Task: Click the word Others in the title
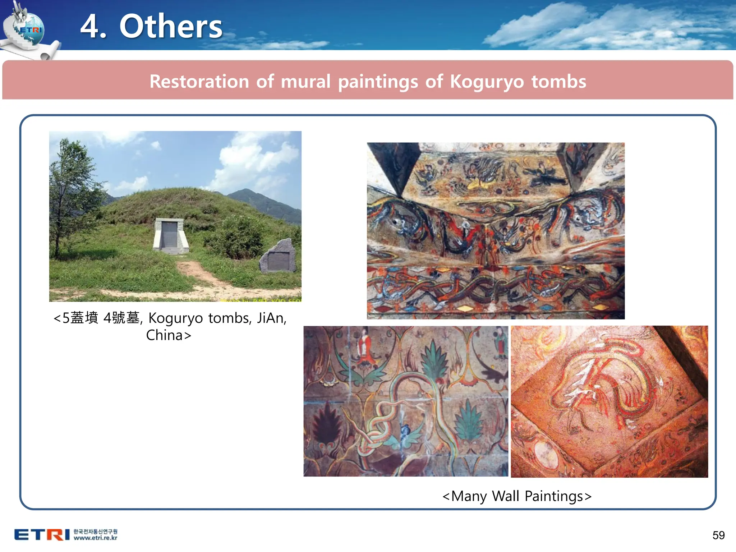coord(171,27)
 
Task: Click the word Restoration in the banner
coord(199,81)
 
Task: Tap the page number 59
coord(718,535)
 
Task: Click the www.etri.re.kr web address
coord(96,538)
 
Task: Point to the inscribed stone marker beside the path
coord(279,257)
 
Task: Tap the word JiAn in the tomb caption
coord(271,318)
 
